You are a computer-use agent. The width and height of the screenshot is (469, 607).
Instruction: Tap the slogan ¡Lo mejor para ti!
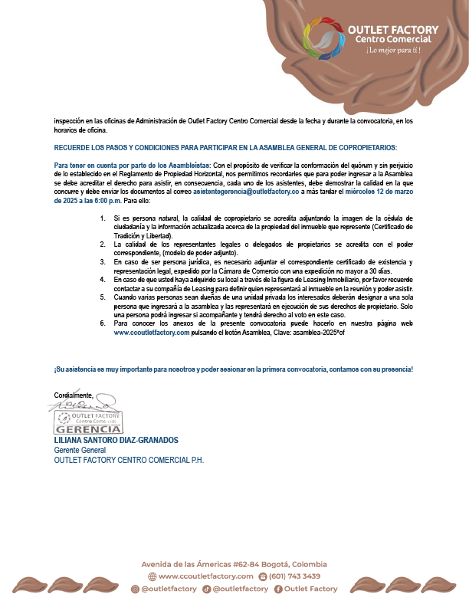(x=393, y=51)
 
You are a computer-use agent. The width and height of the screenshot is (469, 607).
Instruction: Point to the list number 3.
(x=103, y=261)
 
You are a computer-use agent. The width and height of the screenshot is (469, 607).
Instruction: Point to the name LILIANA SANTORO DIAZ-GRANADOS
(x=116, y=441)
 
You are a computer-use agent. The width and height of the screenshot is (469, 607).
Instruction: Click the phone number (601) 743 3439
(x=295, y=576)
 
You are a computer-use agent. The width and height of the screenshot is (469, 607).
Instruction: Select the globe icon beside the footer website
(x=152, y=576)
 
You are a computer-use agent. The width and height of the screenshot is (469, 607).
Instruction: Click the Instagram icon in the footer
(x=135, y=589)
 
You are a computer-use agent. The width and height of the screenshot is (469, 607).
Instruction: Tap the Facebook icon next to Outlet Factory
(x=277, y=589)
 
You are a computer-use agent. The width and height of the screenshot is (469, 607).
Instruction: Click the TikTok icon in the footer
(x=206, y=589)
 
